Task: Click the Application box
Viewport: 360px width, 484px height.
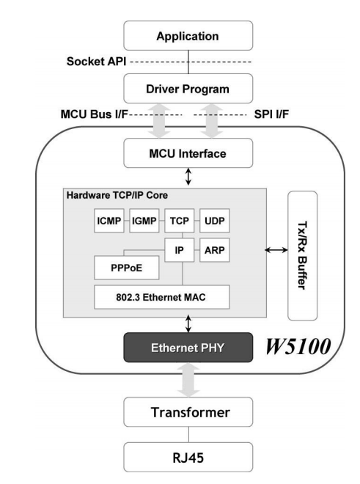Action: [x=188, y=35]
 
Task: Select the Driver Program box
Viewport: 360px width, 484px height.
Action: [x=188, y=89]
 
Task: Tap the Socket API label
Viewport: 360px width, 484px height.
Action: [x=96, y=62]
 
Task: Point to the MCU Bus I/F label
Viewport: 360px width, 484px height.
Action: [x=94, y=114]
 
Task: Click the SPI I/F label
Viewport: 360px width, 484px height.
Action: [x=271, y=114]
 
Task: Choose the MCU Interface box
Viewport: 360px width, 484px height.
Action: [x=188, y=153]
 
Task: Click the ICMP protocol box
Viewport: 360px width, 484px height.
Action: [x=109, y=221]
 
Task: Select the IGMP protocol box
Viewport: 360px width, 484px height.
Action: [x=144, y=221]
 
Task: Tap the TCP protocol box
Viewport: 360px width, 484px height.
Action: [x=180, y=221]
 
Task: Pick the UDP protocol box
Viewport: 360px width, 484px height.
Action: [x=215, y=221]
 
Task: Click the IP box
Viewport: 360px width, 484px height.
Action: [x=180, y=250]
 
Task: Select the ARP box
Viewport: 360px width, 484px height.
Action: [x=215, y=250]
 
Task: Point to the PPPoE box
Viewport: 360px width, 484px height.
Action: [x=127, y=268]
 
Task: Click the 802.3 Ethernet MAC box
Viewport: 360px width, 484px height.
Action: [x=162, y=297]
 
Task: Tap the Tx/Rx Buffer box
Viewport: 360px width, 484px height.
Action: [x=303, y=256]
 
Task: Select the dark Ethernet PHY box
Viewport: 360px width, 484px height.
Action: [x=188, y=348]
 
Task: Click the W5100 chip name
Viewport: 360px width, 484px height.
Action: [x=298, y=346]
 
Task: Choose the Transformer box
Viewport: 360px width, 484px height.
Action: [x=188, y=412]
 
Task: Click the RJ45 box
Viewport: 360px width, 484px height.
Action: [x=188, y=457]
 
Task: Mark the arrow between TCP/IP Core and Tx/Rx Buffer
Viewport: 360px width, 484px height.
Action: [x=276, y=250]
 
